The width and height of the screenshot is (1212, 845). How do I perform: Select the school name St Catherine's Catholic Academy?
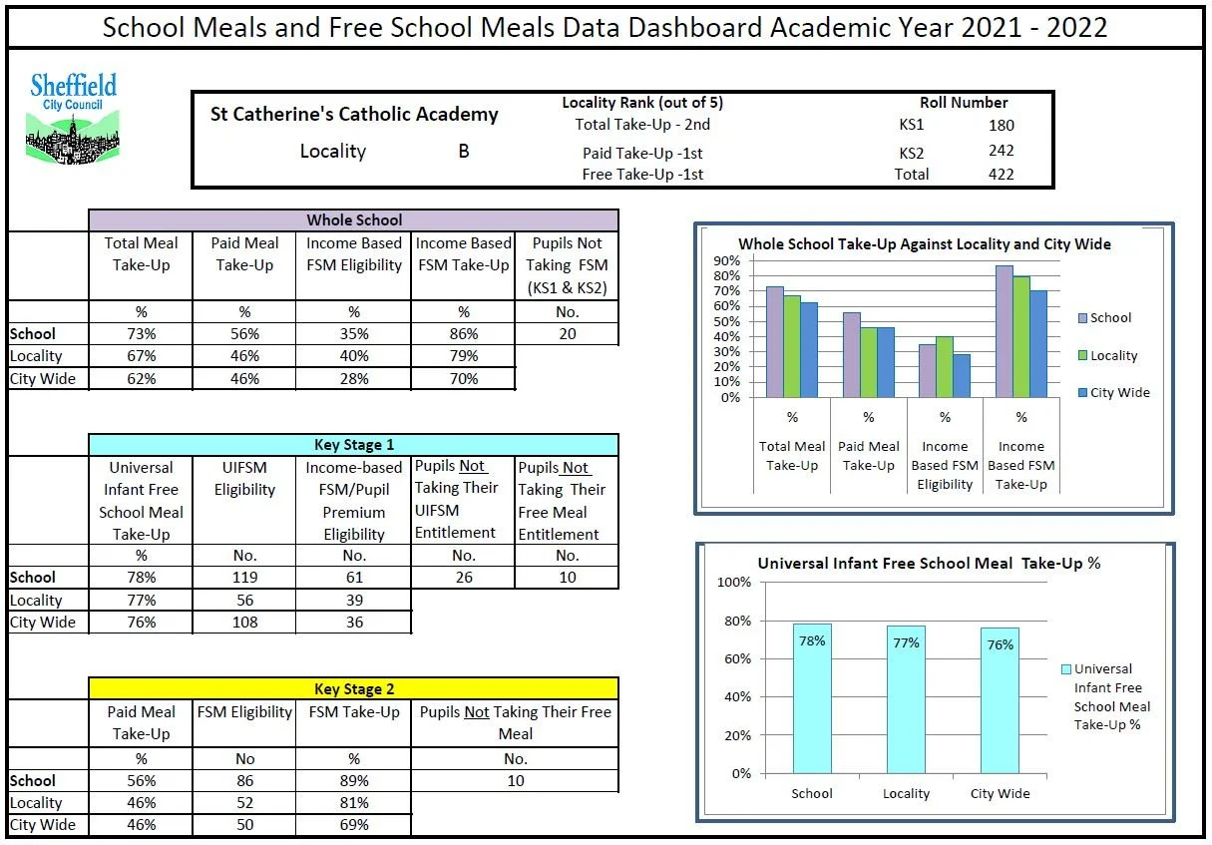click(353, 114)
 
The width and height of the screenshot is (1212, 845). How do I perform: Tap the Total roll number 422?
click(1000, 175)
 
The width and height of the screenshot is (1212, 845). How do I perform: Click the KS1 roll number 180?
click(1001, 126)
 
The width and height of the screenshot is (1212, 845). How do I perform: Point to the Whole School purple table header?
click(353, 220)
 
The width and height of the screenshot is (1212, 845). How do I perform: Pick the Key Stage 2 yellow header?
click(353, 689)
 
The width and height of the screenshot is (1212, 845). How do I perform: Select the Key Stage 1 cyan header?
click(353, 445)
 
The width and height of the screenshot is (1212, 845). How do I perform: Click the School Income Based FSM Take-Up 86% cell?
click(463, 334)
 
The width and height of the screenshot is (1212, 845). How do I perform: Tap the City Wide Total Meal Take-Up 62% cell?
click(141, 379)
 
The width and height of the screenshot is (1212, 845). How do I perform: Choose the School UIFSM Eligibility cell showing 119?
click(244, 578)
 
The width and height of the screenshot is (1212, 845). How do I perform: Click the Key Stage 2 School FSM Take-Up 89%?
click(353, 781)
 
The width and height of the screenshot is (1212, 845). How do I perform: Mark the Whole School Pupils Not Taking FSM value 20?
click(567, 334)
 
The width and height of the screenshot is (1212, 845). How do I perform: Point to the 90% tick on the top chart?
click(726, 260)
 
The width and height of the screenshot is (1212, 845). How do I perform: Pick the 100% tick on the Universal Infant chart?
click(734, 583)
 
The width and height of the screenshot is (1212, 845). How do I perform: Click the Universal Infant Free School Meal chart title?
click(928, 563)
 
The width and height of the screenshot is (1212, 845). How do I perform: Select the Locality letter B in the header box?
click(463, 153)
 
